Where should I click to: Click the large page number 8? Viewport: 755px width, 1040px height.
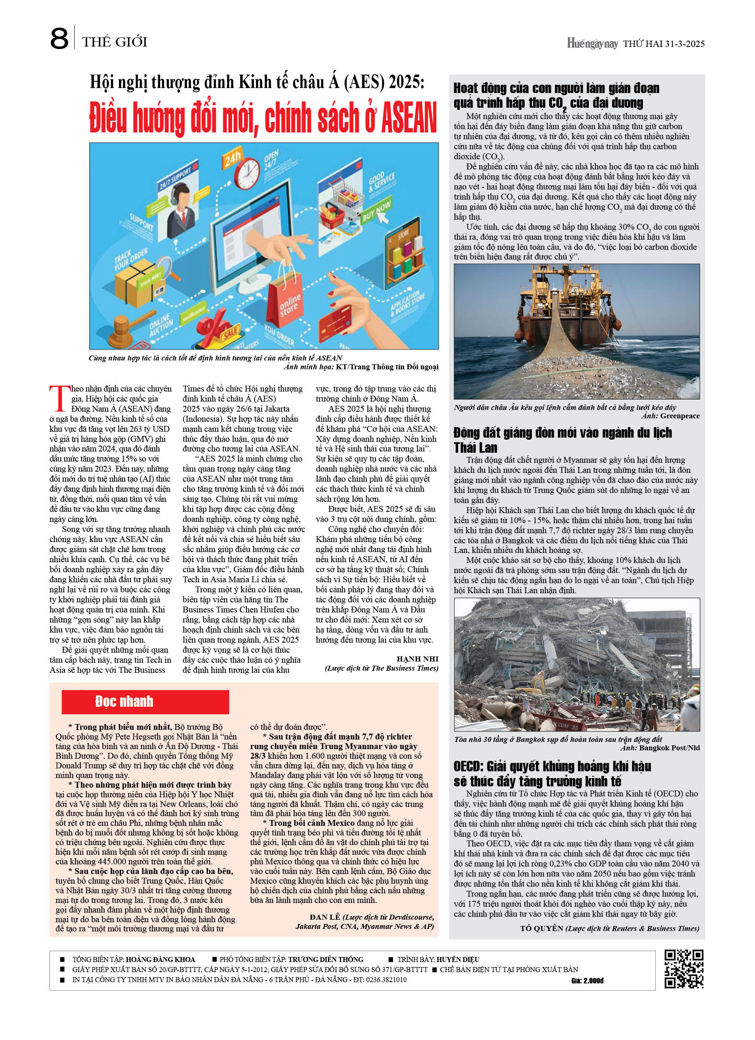59,39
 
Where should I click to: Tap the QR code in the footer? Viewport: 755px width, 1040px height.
684,969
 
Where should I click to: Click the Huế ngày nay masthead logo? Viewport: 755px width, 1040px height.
592,44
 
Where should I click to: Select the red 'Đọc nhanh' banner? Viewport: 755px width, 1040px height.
145,702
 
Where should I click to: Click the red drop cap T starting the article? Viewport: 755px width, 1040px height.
59,399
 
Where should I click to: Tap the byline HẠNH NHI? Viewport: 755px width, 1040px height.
417,659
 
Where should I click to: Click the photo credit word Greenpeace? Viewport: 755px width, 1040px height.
680,416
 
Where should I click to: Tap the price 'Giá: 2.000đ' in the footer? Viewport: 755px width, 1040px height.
587,980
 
